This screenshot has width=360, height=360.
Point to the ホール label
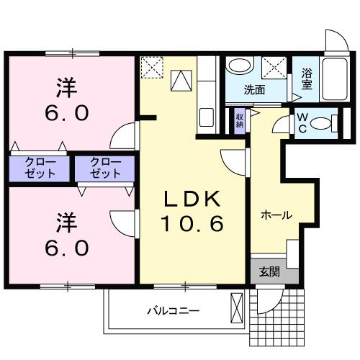(276, 214)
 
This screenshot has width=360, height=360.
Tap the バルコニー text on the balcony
(174, 311)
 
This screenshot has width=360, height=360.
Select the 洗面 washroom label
(253, 91)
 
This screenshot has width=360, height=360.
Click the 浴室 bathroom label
(307, 77)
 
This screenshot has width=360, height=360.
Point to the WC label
(302, 123)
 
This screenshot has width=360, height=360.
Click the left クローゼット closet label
(40, 168)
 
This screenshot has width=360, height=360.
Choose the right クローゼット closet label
(105, 168)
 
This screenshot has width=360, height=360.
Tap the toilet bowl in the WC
(330, 123)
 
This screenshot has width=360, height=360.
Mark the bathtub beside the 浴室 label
(333, 79)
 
